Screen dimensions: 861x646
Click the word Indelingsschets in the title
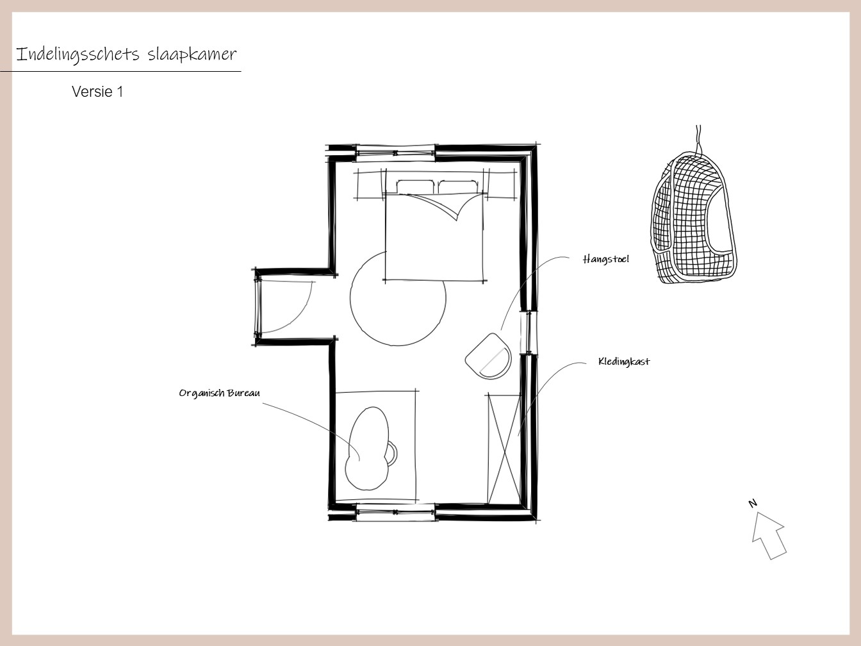78,54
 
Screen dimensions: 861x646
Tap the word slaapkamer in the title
192,54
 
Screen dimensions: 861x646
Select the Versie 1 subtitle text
97,92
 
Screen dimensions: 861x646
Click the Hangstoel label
605,260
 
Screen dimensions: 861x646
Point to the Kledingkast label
624,361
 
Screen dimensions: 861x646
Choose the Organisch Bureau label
219,393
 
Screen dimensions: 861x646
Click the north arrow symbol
769,535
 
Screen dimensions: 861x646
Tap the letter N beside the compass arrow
752,503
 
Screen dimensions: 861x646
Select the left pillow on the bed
416,186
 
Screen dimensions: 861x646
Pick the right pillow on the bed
458,186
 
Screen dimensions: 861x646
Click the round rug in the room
351,298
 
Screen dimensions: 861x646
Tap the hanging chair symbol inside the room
489,356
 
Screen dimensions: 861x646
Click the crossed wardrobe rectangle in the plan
504,449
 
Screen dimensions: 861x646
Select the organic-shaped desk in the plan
368,449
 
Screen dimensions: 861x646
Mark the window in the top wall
395,153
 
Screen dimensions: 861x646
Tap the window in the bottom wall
395,512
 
